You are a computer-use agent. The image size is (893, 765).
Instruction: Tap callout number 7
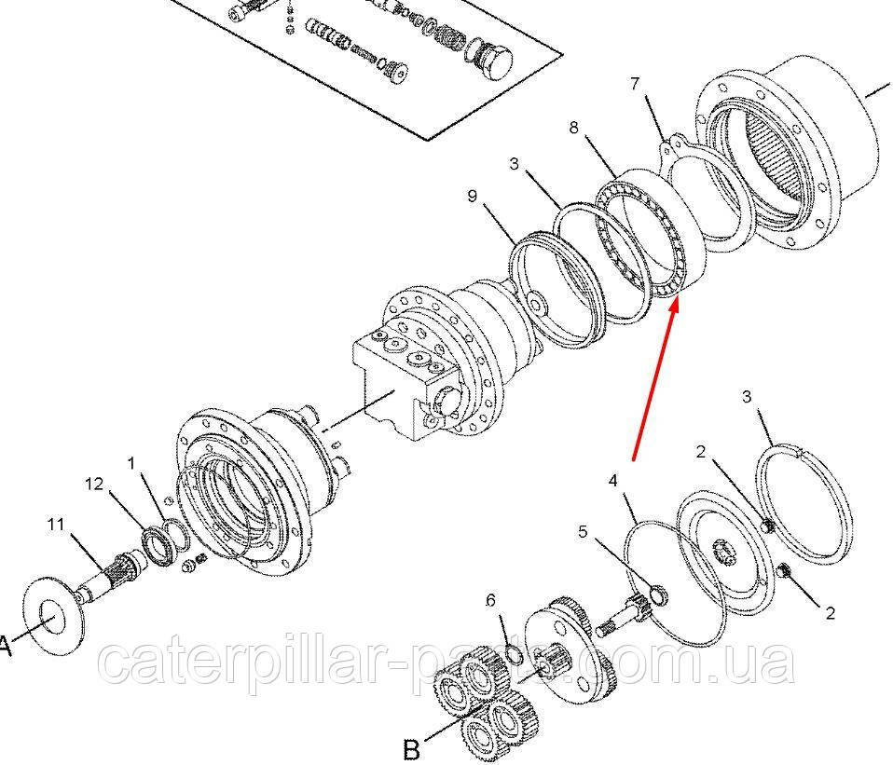point(635,84)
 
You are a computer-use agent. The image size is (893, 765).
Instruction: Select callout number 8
point(573,128)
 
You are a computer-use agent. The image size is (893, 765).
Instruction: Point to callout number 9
point(472,197)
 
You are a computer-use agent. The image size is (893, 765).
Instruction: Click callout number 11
point(56,524)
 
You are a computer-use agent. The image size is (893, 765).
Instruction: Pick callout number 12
point(94,484)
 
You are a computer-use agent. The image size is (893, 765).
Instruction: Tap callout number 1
point(131,463)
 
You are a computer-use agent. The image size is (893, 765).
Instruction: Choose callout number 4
point(612,481)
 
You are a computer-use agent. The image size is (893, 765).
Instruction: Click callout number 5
point(582,532)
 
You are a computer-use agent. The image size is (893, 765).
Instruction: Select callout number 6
point(490,600)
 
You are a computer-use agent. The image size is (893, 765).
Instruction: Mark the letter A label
point(5,647)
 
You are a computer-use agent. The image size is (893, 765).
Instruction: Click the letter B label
point(412,748)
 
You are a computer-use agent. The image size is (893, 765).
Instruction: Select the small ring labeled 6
point(513,654)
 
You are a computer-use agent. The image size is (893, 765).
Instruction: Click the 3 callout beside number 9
point(515,165)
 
